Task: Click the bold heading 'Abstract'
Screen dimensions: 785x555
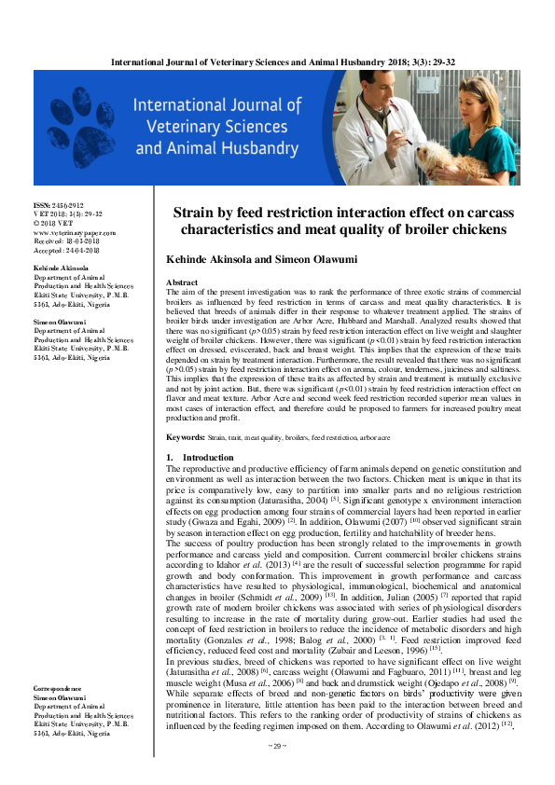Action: pyautogui.click(x=181, y=281)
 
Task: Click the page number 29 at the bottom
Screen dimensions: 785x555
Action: pyautogui.click(x=277, y=772)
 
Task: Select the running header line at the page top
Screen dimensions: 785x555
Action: pyautogui.click(x=276, y=62)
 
